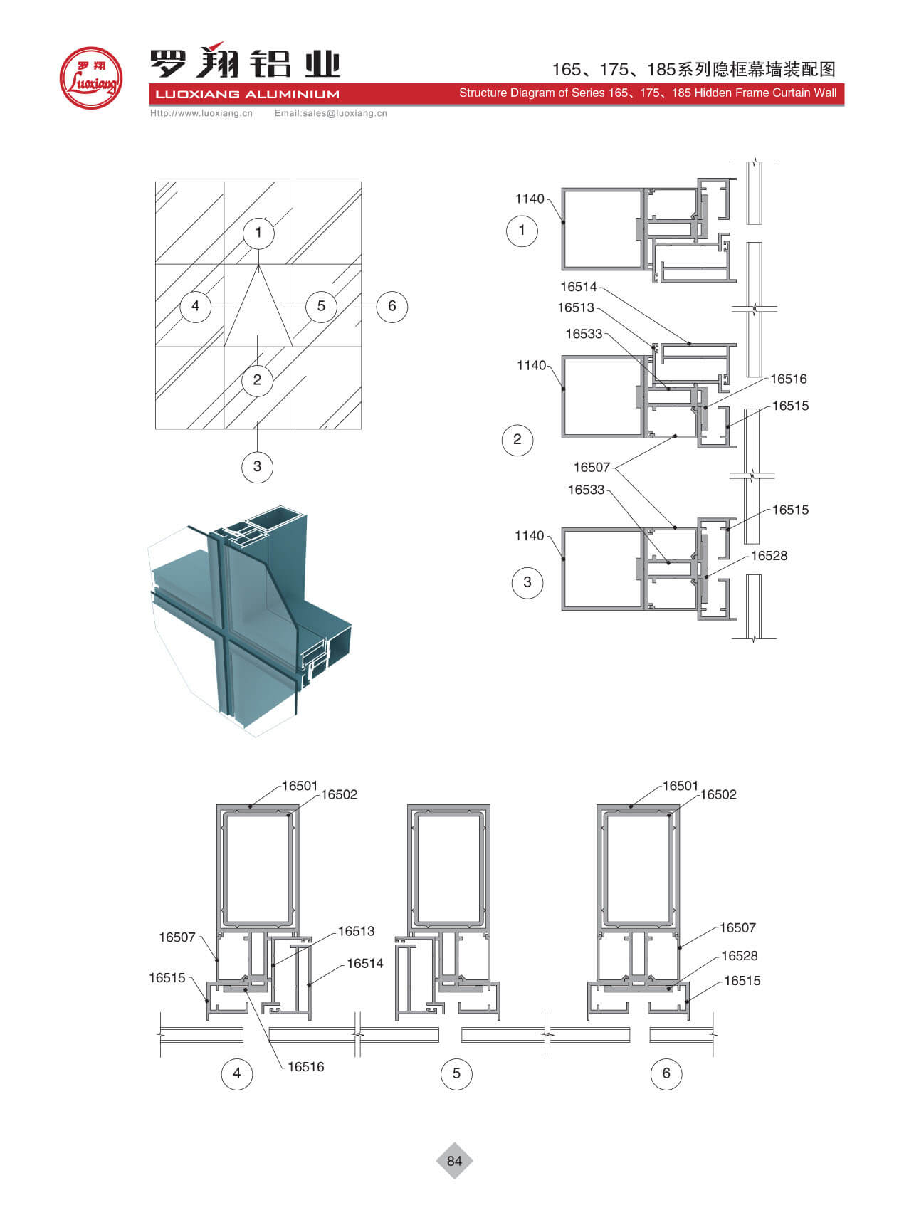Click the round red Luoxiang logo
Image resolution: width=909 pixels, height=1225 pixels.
click(x=91, y=78)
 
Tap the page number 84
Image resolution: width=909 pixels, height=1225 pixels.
click(x=454, y=1160)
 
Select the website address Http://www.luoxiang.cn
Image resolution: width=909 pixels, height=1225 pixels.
click(x=201, y=113)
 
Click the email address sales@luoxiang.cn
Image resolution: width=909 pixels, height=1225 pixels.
click(x=345, y=113)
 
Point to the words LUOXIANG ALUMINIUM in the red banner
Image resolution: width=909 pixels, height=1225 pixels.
click(x=247, y=94)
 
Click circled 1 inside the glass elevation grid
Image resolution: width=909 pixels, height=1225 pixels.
click(x=258, y=232)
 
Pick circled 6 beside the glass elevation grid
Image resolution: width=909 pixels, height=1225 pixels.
click(x=392, y=306)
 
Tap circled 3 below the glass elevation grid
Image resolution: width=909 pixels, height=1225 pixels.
click(x=257, y=466)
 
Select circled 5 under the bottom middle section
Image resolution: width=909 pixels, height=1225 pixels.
click(x=456, y=1073)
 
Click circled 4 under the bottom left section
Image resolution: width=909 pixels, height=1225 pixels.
click(x=237, y=1073)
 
